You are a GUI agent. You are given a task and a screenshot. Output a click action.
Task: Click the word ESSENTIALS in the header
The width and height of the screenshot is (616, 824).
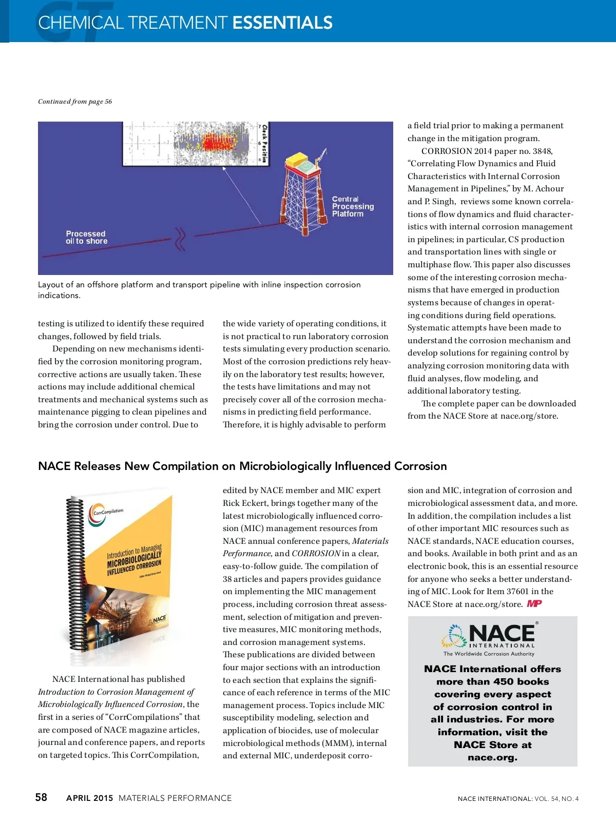click(x=282, y=23)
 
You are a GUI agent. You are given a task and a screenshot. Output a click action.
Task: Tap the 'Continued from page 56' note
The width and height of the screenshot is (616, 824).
click(x=75, y=102)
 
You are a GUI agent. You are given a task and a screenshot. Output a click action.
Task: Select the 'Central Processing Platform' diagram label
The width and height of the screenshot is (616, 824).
click(x=353, y=206)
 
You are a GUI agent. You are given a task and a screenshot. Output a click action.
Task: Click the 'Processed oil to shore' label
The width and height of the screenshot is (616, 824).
click(x=86, y=238)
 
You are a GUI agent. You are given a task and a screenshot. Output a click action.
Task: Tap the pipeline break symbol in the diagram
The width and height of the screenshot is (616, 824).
click(x=180, y=239)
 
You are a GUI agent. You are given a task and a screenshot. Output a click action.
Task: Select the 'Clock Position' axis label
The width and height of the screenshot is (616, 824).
click(x=264, y=143)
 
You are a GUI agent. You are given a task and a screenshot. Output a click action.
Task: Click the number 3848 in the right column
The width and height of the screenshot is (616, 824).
click(x=542, y=151)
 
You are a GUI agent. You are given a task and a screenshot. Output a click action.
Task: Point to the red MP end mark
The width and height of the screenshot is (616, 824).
click(x=534, y=604)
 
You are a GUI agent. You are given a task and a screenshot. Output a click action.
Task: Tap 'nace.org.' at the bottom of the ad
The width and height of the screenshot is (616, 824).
click(x=492, y=758)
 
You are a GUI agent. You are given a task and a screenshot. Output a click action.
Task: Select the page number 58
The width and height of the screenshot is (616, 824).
click(x=41, y=797)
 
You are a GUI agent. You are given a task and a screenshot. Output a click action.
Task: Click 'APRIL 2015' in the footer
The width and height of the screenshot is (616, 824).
click(x=89, y=798)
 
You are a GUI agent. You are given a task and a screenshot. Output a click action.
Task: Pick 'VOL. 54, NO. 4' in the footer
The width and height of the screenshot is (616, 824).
click(x=556, y=799)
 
